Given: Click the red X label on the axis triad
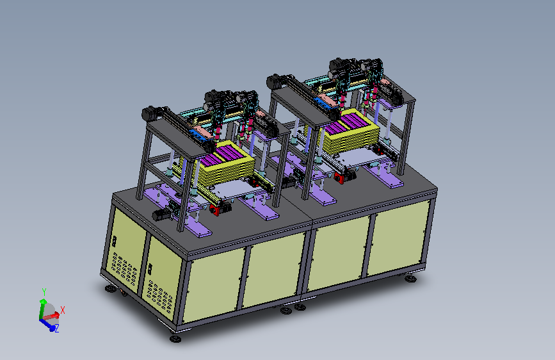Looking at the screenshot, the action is [x=63, y=310].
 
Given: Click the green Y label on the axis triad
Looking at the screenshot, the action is [x=44, y=292].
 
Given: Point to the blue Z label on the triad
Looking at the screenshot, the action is [x=56, y=328].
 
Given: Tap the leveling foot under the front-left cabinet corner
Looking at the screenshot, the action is [x=175, y=339].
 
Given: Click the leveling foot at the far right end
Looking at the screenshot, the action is [x=410, y=279].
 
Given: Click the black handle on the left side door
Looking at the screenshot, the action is [x=115, y=241].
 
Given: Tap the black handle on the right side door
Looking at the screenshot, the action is [x=150, y=269].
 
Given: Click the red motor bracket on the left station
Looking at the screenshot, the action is [x=214, y=209].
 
